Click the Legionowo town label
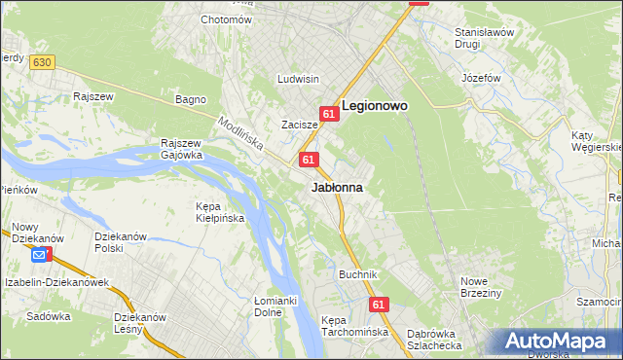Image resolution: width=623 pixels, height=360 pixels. coord(375,105)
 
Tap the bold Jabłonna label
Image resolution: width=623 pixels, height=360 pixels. coord(338,188)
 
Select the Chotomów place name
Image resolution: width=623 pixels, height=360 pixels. coord(226,19)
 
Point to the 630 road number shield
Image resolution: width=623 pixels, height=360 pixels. coord(41,62)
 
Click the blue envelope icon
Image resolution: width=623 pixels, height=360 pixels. coord(39,255)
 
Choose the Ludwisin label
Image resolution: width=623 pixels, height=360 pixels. coord(298,79)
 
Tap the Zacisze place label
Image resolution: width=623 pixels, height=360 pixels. coord(300,125)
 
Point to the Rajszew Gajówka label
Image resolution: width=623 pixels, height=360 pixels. coord(182,147)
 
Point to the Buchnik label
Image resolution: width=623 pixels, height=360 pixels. coord(357,274)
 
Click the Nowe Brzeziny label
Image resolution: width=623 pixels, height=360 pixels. coord(481,287)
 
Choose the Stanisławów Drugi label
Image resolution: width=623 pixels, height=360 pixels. coord(484,38)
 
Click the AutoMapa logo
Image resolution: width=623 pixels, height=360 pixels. coord(560,342)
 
